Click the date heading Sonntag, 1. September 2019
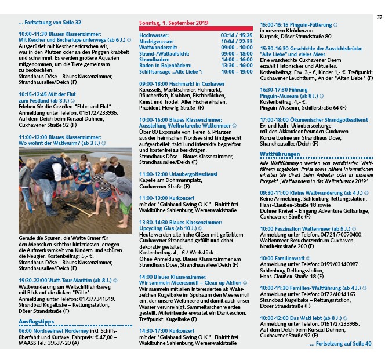(x=173, y=23)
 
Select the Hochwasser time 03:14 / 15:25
(x=237, y=35)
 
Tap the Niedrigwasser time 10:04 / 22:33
(x=237, y=41)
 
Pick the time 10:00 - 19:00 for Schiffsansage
(x=237, y=71)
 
